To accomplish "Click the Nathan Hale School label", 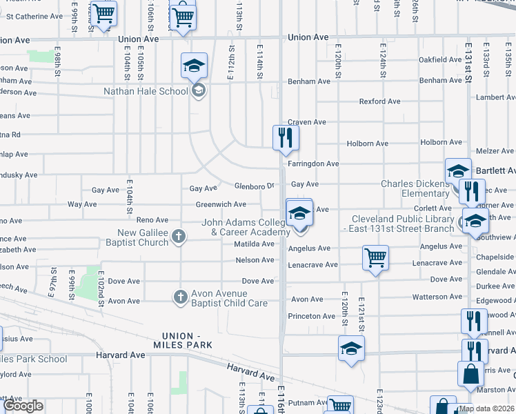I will pyautogui.click(x=146, y=91).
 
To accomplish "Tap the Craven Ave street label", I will pyautogui.click(x=307, y=122).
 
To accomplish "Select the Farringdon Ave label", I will pyautogui.click(x=314, y=164).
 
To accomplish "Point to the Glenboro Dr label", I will pyautogui.click(x=255, y=186).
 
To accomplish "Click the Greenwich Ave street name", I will pyautogui.click(x=221, y=204).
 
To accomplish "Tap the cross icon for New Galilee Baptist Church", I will pyautogui.click(x=179, y=237).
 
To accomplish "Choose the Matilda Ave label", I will pyautogui.click(x=254, y=244).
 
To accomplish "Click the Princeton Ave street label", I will pyautogui.click(x=312, y=317).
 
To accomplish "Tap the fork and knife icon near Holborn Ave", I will pyautogui.click(x=284, y=138).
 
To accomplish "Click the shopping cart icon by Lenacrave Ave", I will pyautogui.click(x=375, y=258).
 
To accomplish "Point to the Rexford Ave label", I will pyautogui.click(x=379, y=101).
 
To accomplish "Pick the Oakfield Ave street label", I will pyautogui.click(x=441, y=60).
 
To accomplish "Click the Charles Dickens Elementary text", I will pyautogui.click(x=415, y=189).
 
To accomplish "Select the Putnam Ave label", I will pyautogui.click(x=307, y=402).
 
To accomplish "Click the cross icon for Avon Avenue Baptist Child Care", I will pyautogui.click(x=180, y=297).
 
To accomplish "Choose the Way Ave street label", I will pyautogui.click(x=82, y=204).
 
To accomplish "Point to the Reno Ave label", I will pyautogui.click(x=152, y=220).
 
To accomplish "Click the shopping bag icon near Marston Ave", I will pyautogui.click(x=470, y=373).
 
